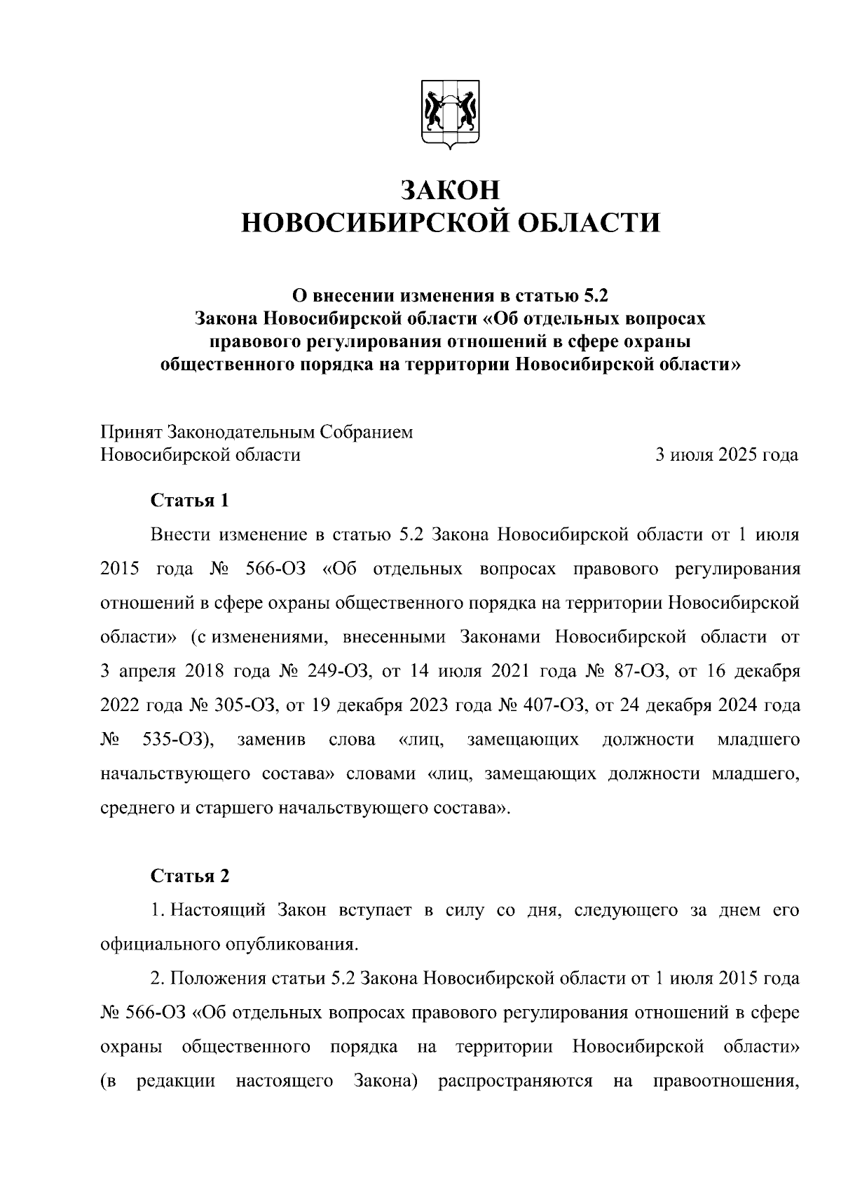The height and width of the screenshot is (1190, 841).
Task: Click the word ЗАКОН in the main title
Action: (x=450, y=191)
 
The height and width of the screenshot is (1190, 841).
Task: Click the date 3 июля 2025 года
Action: (x=726, y=455)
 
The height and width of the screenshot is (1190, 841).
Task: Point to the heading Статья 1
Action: (x=190, y=501)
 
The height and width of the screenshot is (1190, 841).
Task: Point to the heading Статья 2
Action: (x=190, y=877)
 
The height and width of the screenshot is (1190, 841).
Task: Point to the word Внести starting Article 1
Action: (x=180, y=535)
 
